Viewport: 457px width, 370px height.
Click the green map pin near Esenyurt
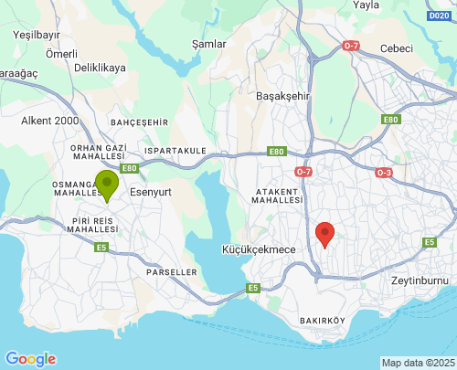(108, 184)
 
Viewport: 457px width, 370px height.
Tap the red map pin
(324, 234)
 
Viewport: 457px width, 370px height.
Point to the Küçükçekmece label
(260, 248)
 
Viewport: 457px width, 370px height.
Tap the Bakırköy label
(322, 321)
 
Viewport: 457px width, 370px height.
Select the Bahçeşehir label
(139, 122)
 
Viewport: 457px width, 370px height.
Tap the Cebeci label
(398, 48)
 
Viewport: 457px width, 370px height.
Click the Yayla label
(366, 5)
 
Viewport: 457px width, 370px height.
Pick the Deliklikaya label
(100, 68)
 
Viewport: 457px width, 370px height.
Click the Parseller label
(171, 271)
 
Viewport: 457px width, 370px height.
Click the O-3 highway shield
(384, 172)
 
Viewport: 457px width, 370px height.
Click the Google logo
(30, 359)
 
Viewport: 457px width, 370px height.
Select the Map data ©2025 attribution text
(417, 363)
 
